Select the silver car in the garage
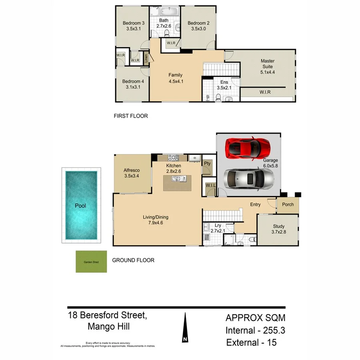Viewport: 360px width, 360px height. [x=248, y=178]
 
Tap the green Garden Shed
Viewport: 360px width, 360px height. [x=91, y=262]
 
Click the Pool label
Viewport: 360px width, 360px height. [x=80, y=206]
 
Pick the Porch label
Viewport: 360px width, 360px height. [x=288, y=204]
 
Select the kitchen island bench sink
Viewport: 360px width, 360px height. [x=176, y=178]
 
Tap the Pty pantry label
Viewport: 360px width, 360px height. [x=207, y=164]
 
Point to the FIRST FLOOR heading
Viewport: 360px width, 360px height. [x=131, y=116]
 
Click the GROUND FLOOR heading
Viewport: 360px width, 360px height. [x=133, y=260]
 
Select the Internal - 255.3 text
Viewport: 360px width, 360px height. [x=255, y=330]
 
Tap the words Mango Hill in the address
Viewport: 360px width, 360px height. [x=108, y=326]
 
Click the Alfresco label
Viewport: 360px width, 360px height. [x=132, y=170]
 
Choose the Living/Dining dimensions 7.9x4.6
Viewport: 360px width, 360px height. [x=156, y=224]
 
